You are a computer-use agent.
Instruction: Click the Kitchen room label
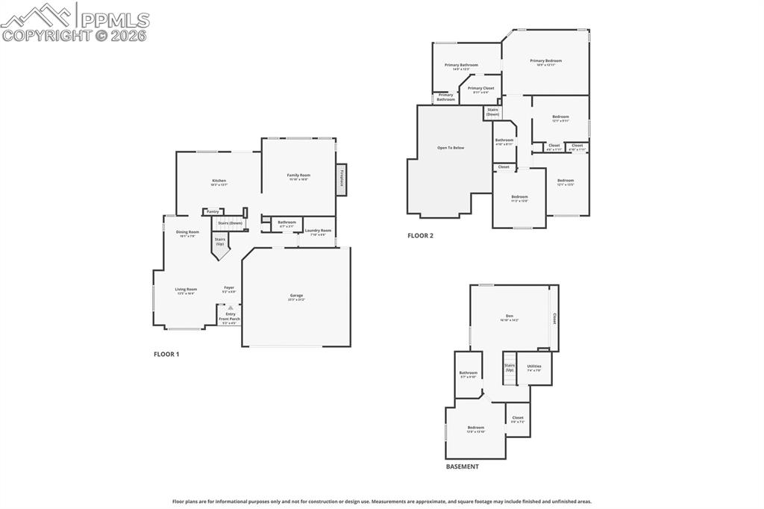coord(219,181)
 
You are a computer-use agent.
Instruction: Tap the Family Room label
coord(298,175)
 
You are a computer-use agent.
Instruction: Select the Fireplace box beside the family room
coord(341,179)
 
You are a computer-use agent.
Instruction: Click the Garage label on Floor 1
coord(296,296)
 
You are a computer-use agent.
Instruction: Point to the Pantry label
coord(213,211)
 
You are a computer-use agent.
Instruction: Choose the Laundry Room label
coord(318,231)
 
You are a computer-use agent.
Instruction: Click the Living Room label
coord(186,290)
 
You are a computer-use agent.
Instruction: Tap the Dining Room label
coord(187,232)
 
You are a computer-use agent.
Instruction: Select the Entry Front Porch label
coord(229,316)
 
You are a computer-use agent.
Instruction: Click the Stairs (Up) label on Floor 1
coord(220,242)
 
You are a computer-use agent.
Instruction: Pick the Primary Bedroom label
coord(545,61)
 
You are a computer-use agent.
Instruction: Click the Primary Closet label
coord(480,88)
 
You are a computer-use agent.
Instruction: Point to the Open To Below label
coord(451,148)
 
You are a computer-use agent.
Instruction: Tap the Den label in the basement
coord(510,316)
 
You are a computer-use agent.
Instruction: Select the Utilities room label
coord(533,366)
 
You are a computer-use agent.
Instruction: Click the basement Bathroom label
coord(468,373)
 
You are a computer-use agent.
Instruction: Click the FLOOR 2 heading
coord(420,235)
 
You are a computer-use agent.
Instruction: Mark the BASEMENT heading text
coord(463,466)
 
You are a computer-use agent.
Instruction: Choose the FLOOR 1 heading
coord(166,354)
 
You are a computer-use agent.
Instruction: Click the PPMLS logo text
coord(114,21)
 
